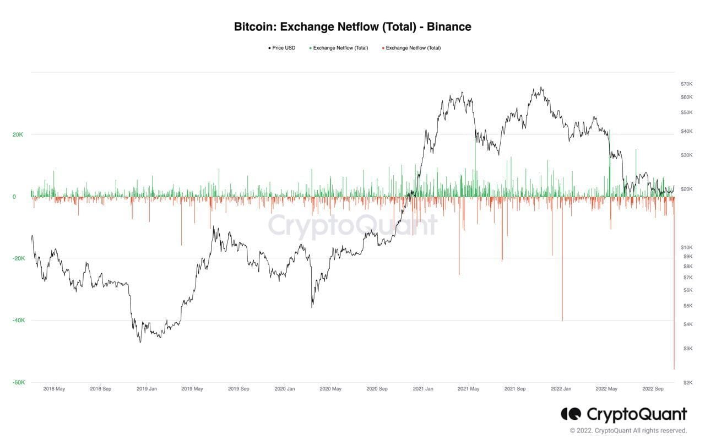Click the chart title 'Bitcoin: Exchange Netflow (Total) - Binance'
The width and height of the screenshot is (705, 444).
352,26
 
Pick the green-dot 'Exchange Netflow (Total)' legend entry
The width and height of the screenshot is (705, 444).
340,48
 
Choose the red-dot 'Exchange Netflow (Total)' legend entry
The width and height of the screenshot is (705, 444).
413,48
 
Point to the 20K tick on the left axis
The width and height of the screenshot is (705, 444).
18,134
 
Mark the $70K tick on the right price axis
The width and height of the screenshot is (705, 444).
686,84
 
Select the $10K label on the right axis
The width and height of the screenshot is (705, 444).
686,247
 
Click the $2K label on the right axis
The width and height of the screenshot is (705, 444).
687,382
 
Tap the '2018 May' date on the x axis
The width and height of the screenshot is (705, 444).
54,389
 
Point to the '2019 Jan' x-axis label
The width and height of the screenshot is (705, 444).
147,389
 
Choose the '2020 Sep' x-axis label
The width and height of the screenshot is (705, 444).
377,389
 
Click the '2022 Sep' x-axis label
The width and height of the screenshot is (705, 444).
653,389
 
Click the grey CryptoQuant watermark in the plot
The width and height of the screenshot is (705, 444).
352,225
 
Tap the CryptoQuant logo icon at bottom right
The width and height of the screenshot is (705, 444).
571,414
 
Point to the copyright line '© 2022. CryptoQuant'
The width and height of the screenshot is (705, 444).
628,431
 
